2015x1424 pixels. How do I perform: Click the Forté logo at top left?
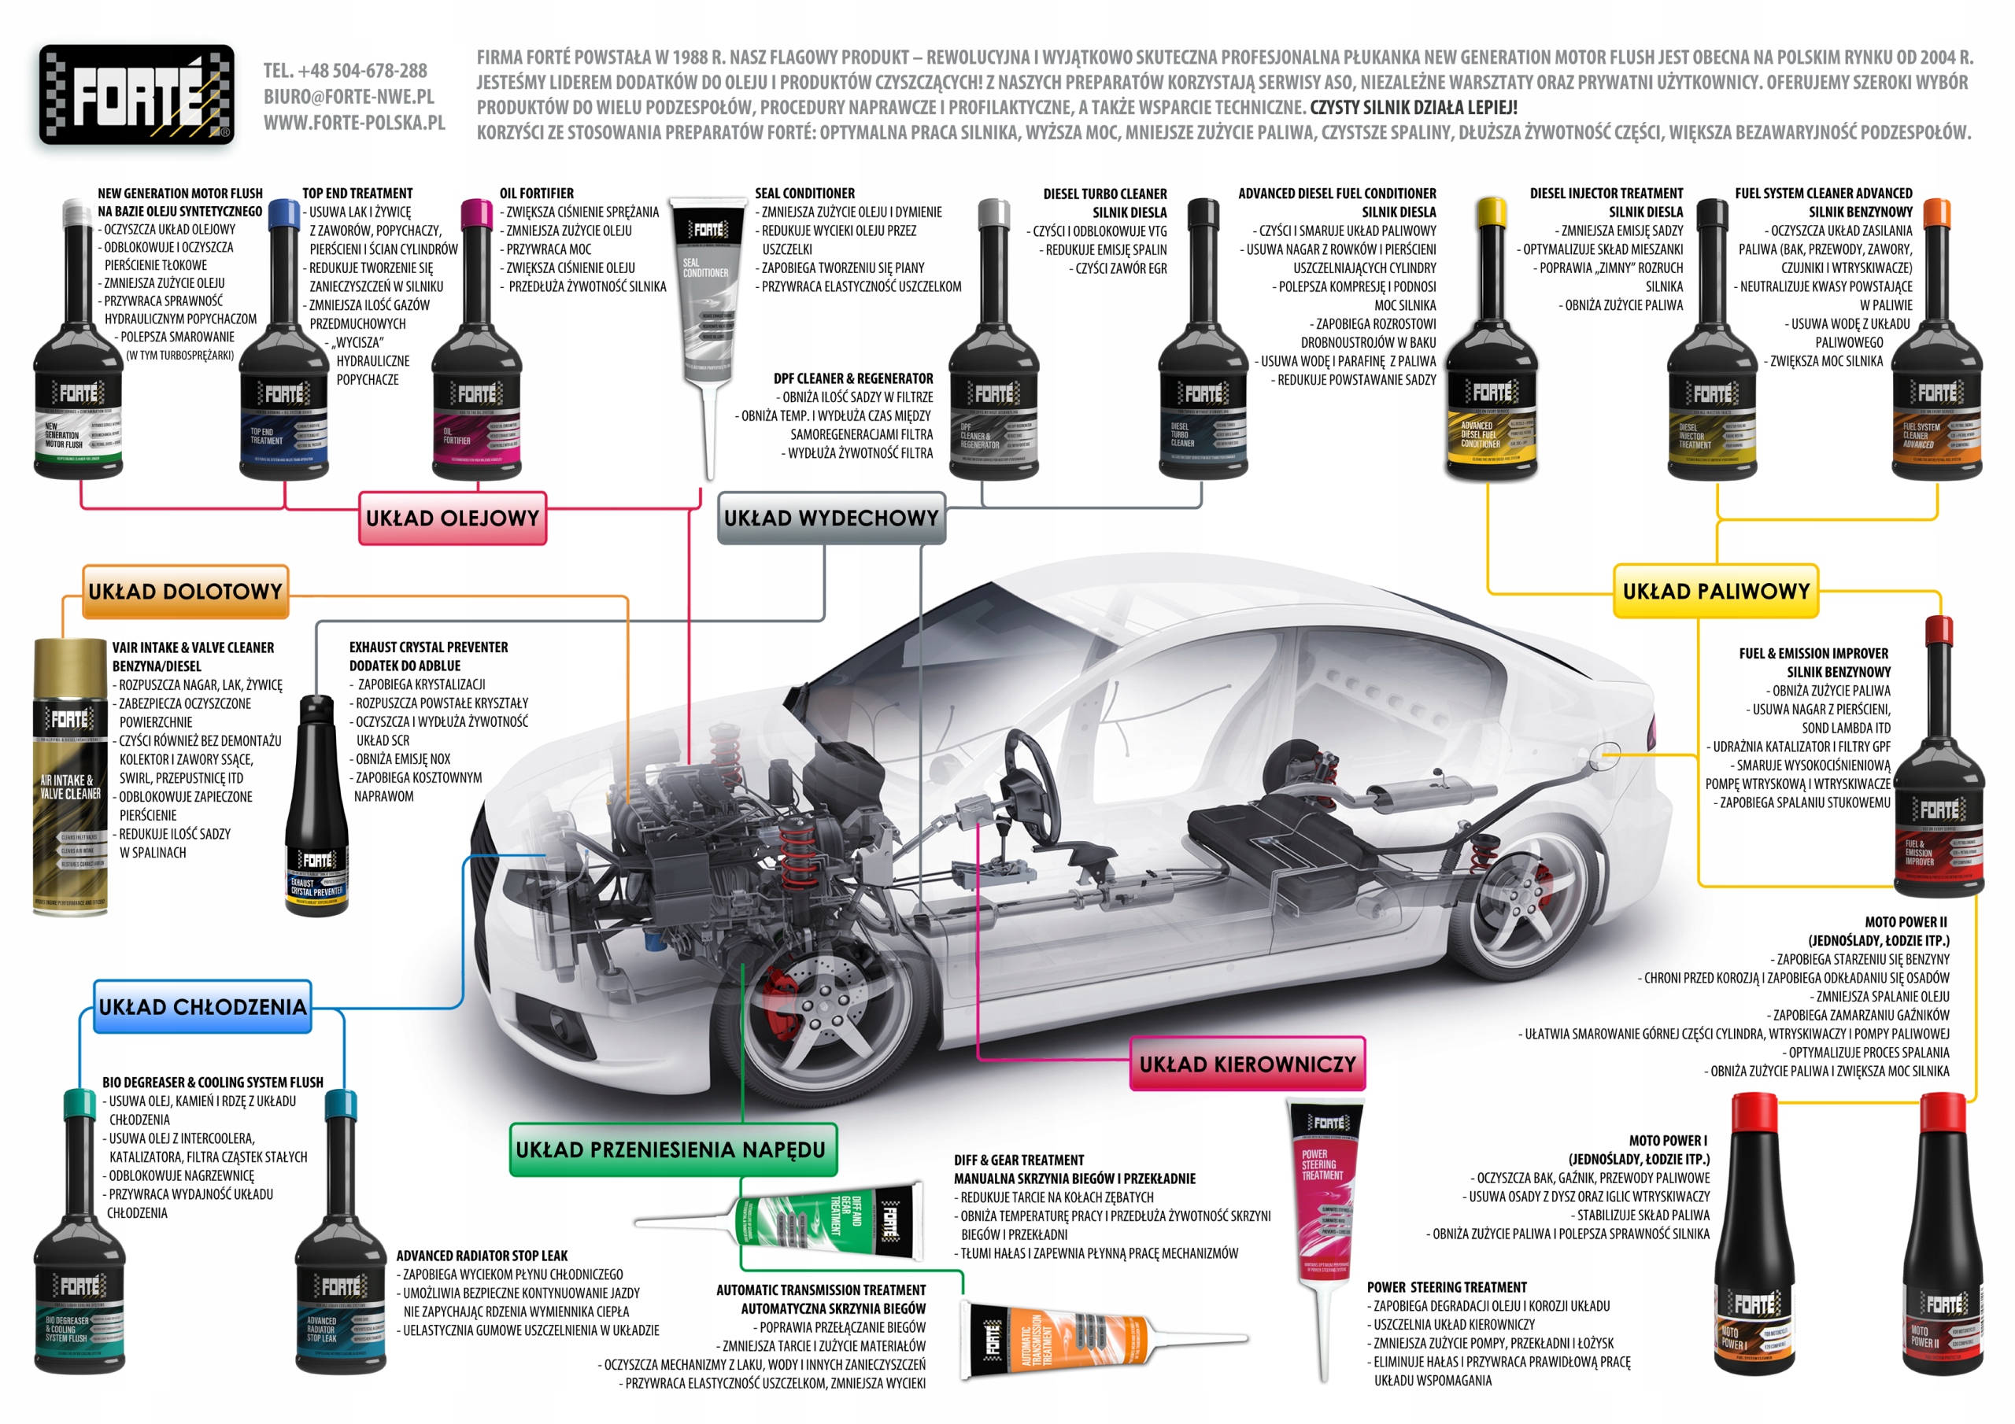click(136, 94)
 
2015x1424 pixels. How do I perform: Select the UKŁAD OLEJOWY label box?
click(452, 518)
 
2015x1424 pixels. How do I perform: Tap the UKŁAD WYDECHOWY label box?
click(831, 518)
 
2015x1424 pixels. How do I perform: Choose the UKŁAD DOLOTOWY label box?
click(185, 592)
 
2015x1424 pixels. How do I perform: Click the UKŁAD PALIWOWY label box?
click(1715, 592)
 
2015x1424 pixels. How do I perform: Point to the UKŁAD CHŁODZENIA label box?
click(203, 1006)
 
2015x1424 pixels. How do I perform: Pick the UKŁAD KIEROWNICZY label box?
click(1247, 1064)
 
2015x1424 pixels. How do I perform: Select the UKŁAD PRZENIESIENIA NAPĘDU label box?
click(671, 1149)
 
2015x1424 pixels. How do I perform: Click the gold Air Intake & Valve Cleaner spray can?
click(70, 777)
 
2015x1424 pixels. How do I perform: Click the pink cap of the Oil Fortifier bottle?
click(476, 213)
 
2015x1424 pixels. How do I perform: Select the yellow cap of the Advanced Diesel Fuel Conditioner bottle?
click(1491, 213)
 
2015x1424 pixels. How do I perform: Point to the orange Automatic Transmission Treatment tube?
click(1053, 1339)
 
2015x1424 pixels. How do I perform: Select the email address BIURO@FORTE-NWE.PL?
click(349, 97)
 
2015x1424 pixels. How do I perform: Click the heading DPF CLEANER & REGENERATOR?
click(853, 379)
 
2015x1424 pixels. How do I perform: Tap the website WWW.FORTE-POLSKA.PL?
click(354, 123)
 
